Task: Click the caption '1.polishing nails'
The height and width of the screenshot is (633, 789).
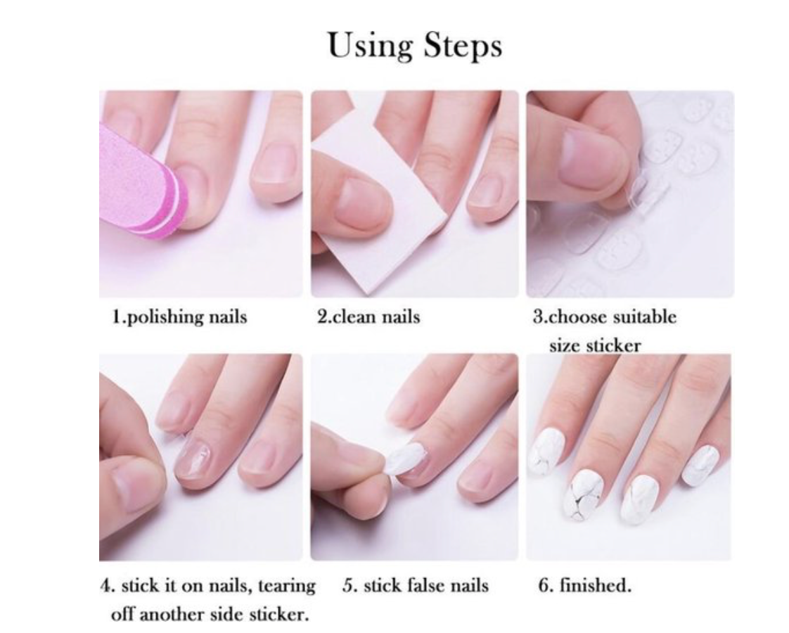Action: click(179, 316)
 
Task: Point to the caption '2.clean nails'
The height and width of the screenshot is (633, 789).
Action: click(368, 316)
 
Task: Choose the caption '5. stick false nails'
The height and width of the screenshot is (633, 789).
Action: click(415, 586)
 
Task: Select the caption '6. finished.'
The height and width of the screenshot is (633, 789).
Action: click(584, 586)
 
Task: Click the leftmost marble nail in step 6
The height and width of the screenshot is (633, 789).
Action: click(548, 456)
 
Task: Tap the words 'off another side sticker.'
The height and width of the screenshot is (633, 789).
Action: click(210, 614)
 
